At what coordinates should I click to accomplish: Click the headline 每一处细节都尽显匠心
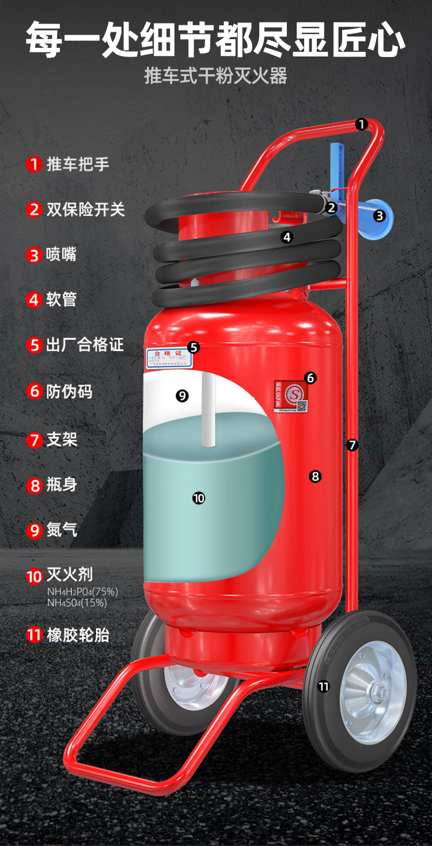[x=215, y=39]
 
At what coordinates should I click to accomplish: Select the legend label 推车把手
[x=78, y=164]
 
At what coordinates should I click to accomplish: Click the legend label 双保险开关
[x=85, y=209]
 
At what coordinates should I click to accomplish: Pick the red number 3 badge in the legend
[x=34, y=255]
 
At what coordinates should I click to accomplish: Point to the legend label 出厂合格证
[x=85, y=345]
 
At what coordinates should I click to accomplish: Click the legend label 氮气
[x=62, y=530]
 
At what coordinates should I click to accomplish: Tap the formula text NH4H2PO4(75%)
[x=82, y=592]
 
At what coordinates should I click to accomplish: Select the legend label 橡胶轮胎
[x=78, y=635]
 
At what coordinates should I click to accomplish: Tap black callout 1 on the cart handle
[x=361, y=124]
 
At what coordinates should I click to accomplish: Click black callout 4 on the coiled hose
[x=287, y=237]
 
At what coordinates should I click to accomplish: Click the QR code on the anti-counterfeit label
[x=302, y=405]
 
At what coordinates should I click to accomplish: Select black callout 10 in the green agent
[x=199, y=498]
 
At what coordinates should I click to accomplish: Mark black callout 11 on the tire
[x=324, y=686]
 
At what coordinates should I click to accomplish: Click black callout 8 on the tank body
[x=314, y=476]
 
